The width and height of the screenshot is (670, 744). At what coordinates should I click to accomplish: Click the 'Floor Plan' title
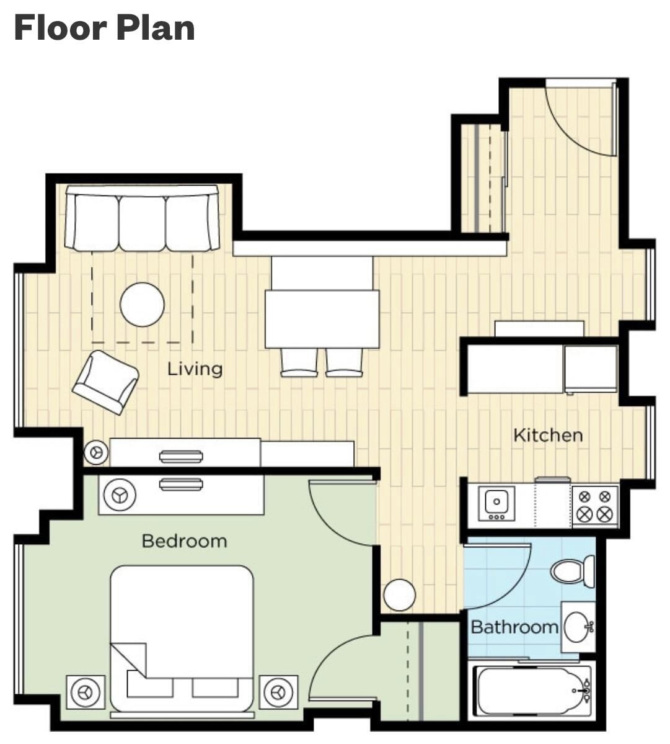pos(105,28)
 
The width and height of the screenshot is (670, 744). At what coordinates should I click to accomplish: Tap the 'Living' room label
pos(195,369)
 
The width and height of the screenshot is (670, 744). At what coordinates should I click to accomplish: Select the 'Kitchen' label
pos(549,435)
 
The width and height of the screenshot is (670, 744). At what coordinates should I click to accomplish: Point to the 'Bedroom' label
pos(184,541)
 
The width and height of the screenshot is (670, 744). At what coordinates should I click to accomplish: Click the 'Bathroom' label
pos(514,627)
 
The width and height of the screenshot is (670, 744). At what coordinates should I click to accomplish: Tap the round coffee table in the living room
pos(142,305)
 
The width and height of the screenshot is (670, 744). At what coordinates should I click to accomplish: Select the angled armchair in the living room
pos(105,382)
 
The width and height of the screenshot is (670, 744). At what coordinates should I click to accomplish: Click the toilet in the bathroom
pos(573,571)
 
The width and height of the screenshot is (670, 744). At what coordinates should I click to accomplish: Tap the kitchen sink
pos(496,502)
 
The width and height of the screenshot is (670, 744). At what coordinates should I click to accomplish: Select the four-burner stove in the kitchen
pos(594,505)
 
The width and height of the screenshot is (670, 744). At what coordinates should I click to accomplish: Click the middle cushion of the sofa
pos(142,223)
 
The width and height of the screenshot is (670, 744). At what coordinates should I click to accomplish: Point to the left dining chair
pos(299,362)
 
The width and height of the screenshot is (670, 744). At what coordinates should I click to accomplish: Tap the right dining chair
pos(345,362)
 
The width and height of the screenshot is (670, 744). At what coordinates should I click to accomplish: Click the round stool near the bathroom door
pos(399,595)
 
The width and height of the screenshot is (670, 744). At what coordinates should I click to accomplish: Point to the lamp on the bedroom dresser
pos(119,495)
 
